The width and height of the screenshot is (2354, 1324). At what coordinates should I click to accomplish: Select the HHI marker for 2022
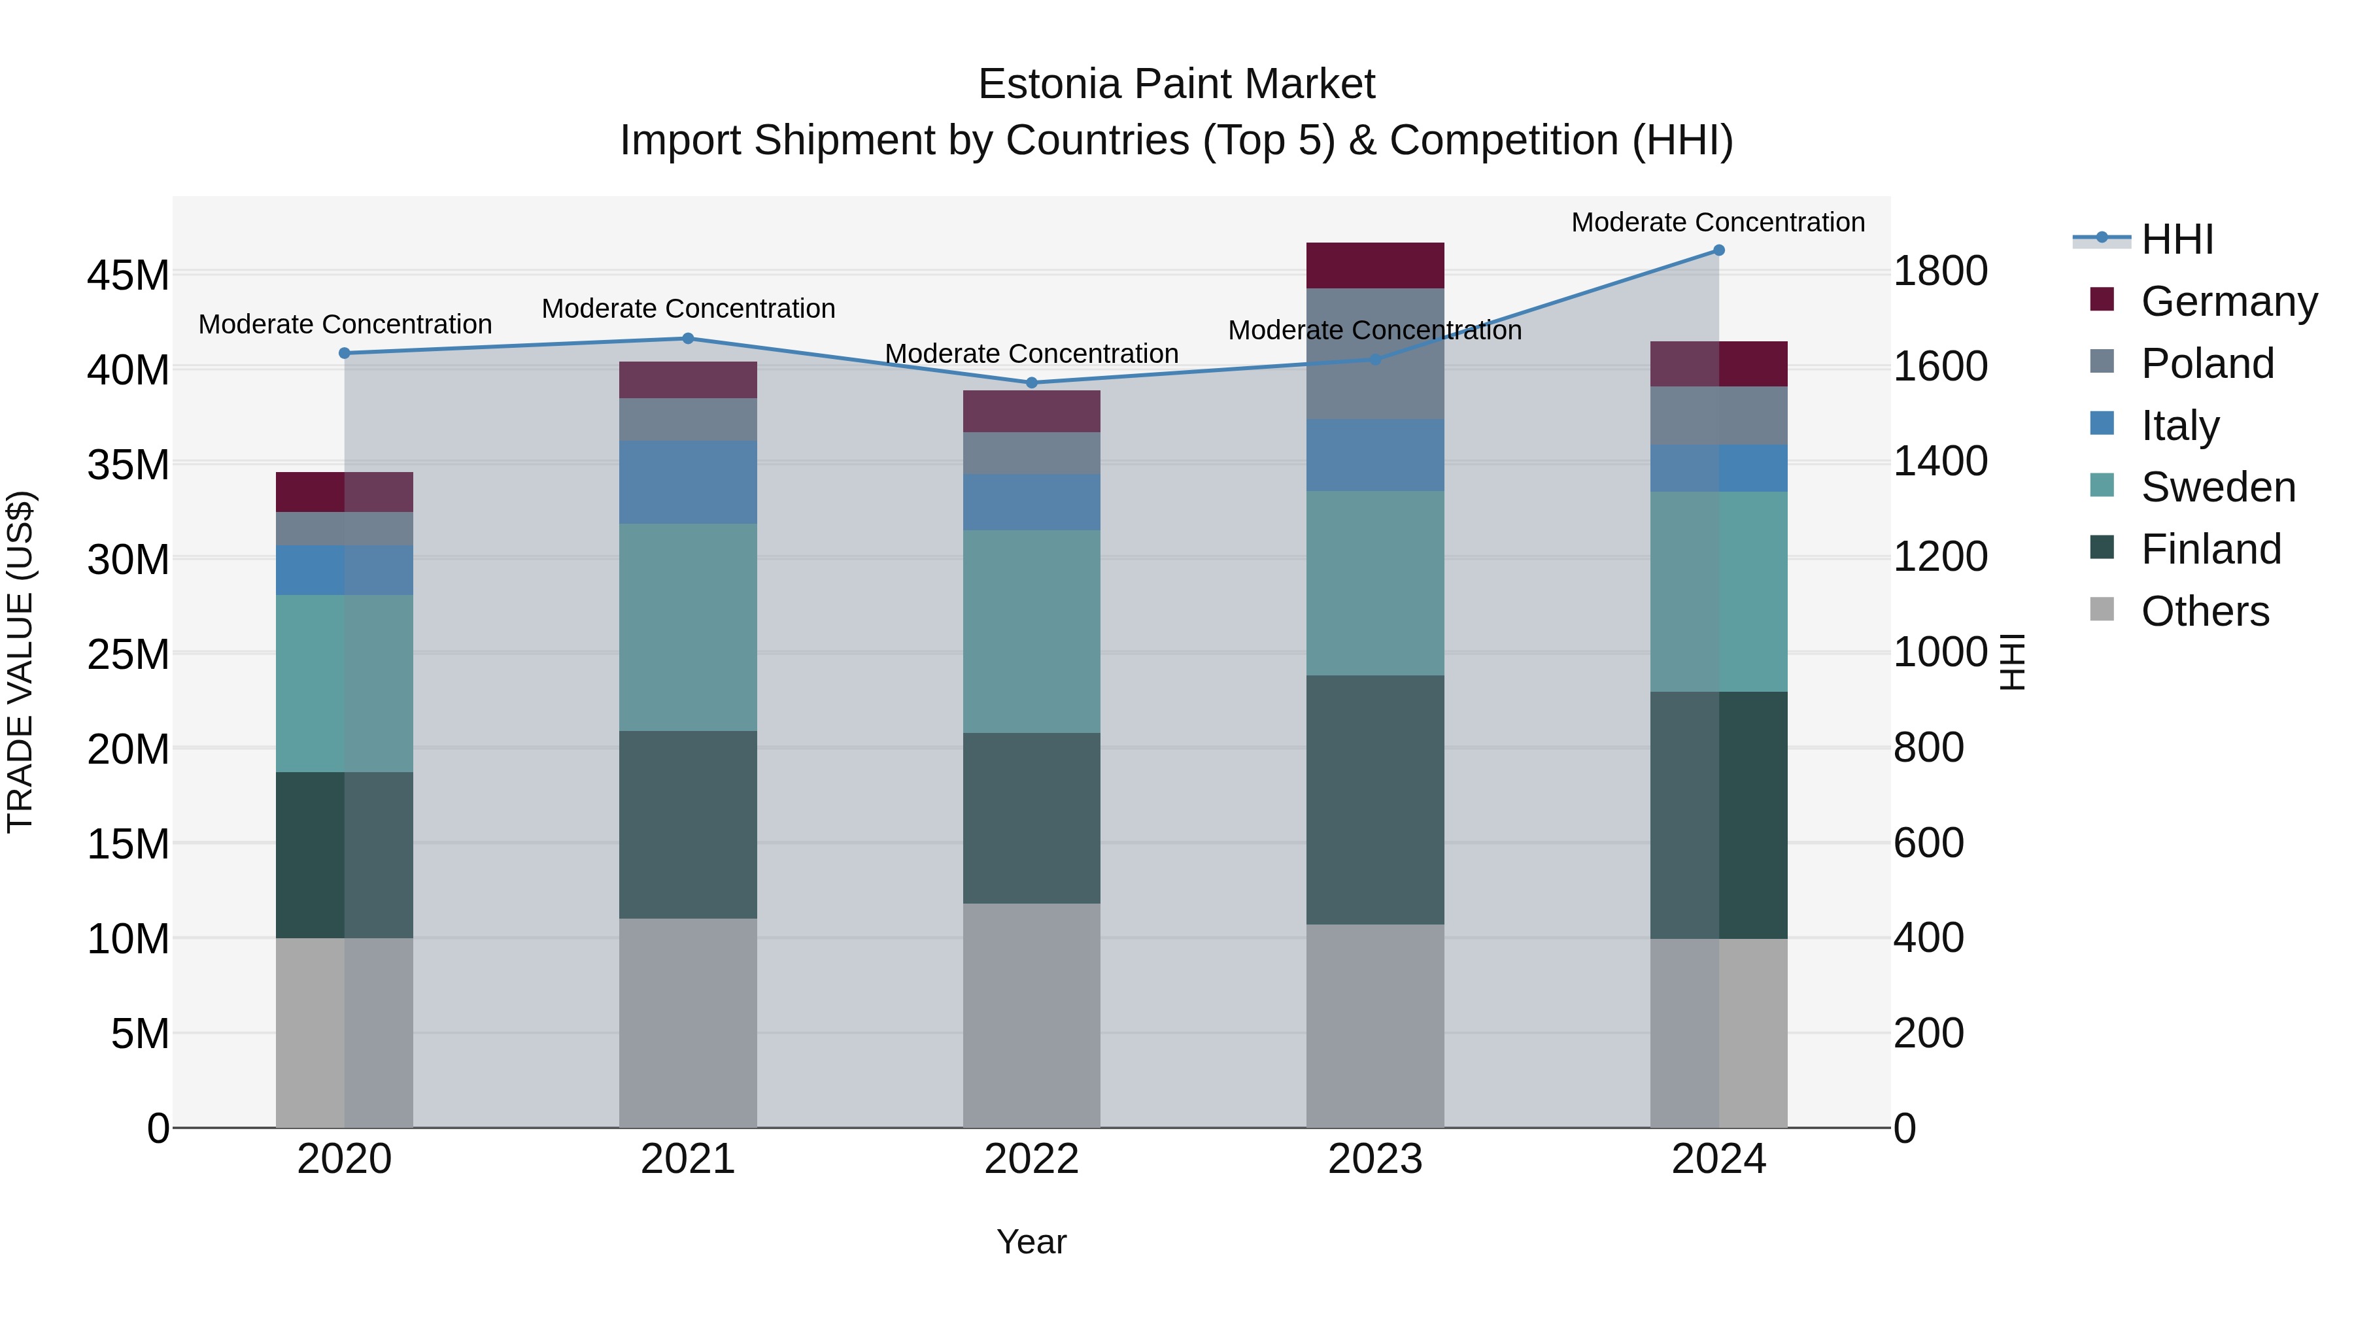pos(1032,383)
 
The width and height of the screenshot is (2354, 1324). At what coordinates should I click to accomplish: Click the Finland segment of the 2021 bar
pos(688,824)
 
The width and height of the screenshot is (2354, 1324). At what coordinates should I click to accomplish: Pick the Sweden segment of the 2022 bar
pos(1032,632)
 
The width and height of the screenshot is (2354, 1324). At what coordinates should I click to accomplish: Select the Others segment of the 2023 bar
pos(1374,1025)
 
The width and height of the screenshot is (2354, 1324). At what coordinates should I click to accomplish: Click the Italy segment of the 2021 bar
pos(688,483)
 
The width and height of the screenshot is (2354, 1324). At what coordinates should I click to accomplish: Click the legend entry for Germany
pos(2228,301)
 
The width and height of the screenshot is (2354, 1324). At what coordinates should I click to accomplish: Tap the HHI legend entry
pos(2177,239)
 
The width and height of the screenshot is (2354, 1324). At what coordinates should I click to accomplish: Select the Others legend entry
pos(2204,611)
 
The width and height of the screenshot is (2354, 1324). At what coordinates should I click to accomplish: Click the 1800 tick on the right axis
pos(1940,271)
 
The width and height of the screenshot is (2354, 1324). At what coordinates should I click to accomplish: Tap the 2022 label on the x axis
pos(1032,1159)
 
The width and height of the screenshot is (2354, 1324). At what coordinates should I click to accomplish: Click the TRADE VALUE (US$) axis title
pos(20,662)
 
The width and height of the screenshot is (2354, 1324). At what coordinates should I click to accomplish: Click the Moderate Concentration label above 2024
pos(1718,222)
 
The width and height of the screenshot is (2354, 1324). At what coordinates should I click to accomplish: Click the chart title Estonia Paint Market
pos(1176,84)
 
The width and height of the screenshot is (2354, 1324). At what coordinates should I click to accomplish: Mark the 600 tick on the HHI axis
pos(1928,843)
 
